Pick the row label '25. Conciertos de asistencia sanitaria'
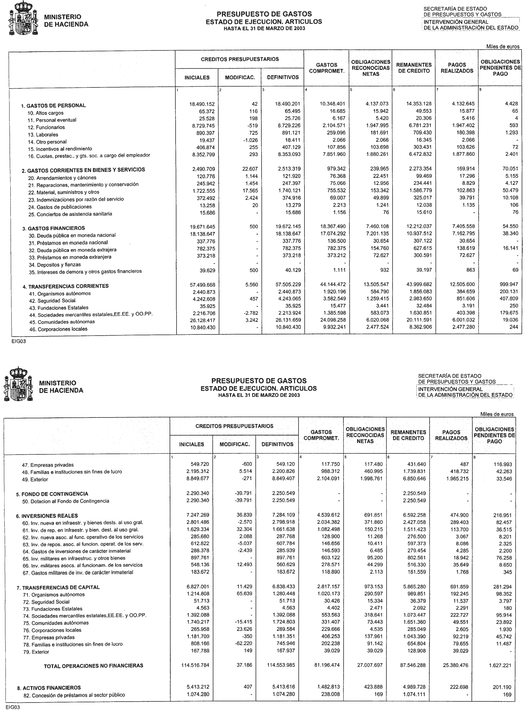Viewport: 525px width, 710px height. (70, 214)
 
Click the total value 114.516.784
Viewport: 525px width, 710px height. (195, 665)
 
